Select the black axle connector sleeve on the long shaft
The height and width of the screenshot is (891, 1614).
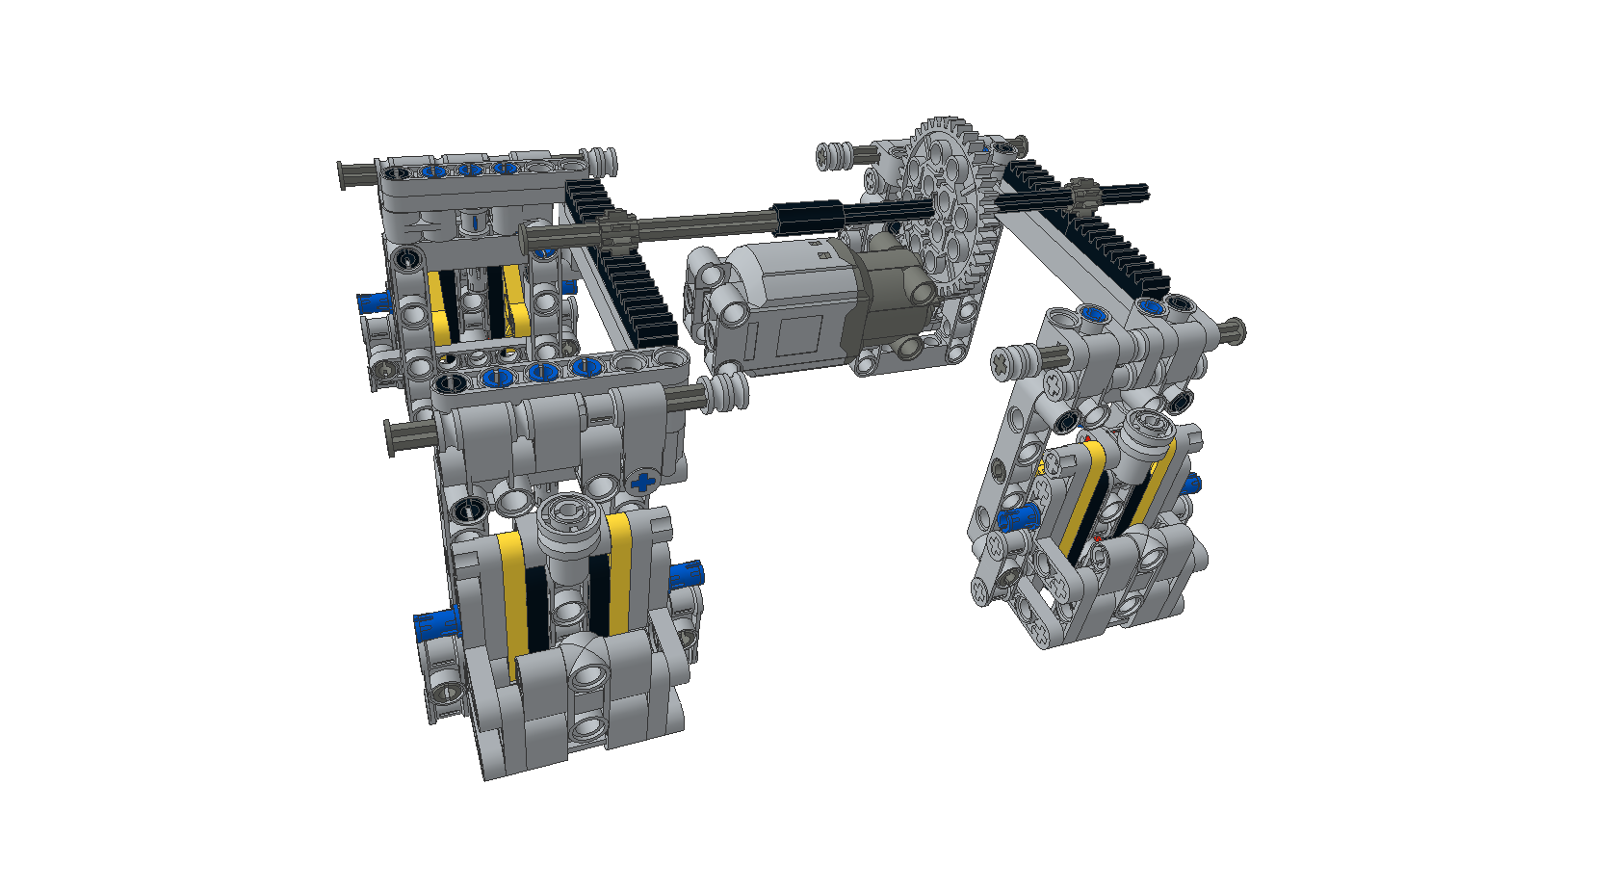(809, 217)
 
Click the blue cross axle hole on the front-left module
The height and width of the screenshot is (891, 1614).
(642, 481)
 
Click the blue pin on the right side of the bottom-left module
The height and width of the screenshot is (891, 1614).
(687, 575)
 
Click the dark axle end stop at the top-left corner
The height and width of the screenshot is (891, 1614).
(346, 176)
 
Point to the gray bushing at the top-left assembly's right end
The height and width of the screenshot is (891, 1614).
(601, 160)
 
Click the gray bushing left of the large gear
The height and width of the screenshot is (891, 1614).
(835, 155)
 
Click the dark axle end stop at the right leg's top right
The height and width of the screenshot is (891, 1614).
(1232, 332)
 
